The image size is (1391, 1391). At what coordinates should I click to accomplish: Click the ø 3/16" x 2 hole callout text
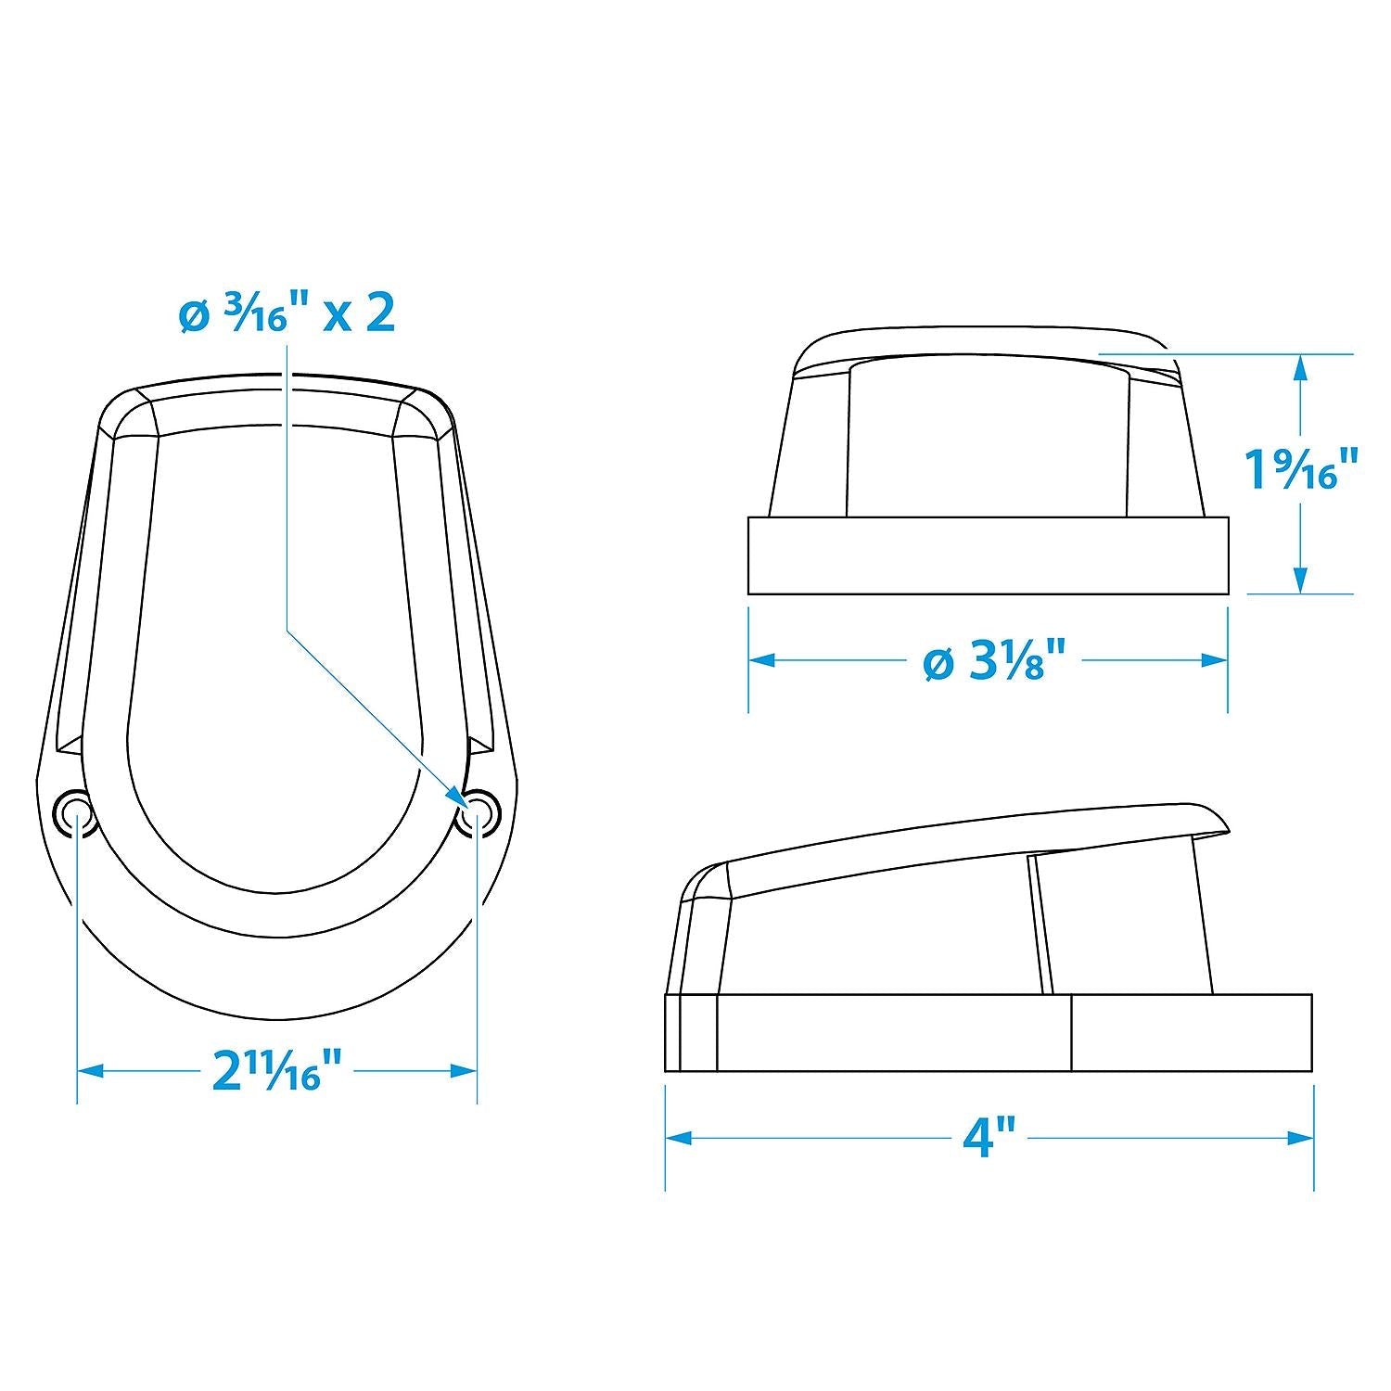287,314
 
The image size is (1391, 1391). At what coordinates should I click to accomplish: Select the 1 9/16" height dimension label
1302,468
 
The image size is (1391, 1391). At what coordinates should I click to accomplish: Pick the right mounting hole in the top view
479,811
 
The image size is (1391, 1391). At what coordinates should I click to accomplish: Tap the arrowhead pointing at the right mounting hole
458,796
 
